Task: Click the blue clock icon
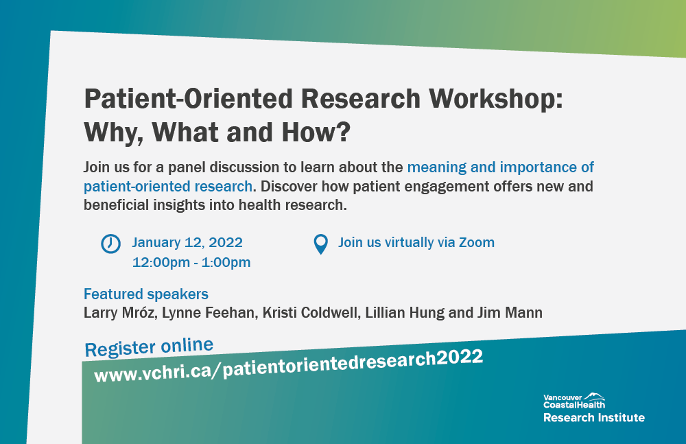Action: (x=110, y=244)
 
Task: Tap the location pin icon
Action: (x=320, y=244)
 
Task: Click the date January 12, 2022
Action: (x=187, y=242)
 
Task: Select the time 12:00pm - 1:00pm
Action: (x=191, y=262)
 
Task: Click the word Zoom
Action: (x=477, y=242)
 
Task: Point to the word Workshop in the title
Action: (x=496, y=98)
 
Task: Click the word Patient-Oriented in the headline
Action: (x=188, y=98)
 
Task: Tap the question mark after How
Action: (x=344, y=132)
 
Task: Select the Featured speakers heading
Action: (x=145, y=294)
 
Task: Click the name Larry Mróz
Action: (x=120, y=313)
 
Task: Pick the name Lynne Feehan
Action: (x=209, y=313)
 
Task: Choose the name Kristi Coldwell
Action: (x=311, y=313)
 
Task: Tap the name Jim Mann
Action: (x=510, y=313)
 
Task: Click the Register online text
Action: (x=149, y=347)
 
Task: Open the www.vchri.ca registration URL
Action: (x=289, y=366)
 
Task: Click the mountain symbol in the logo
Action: (x=595, y=396)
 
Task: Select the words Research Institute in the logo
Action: (x=593, y=418)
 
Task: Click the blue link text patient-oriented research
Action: (x=168, y=187)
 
